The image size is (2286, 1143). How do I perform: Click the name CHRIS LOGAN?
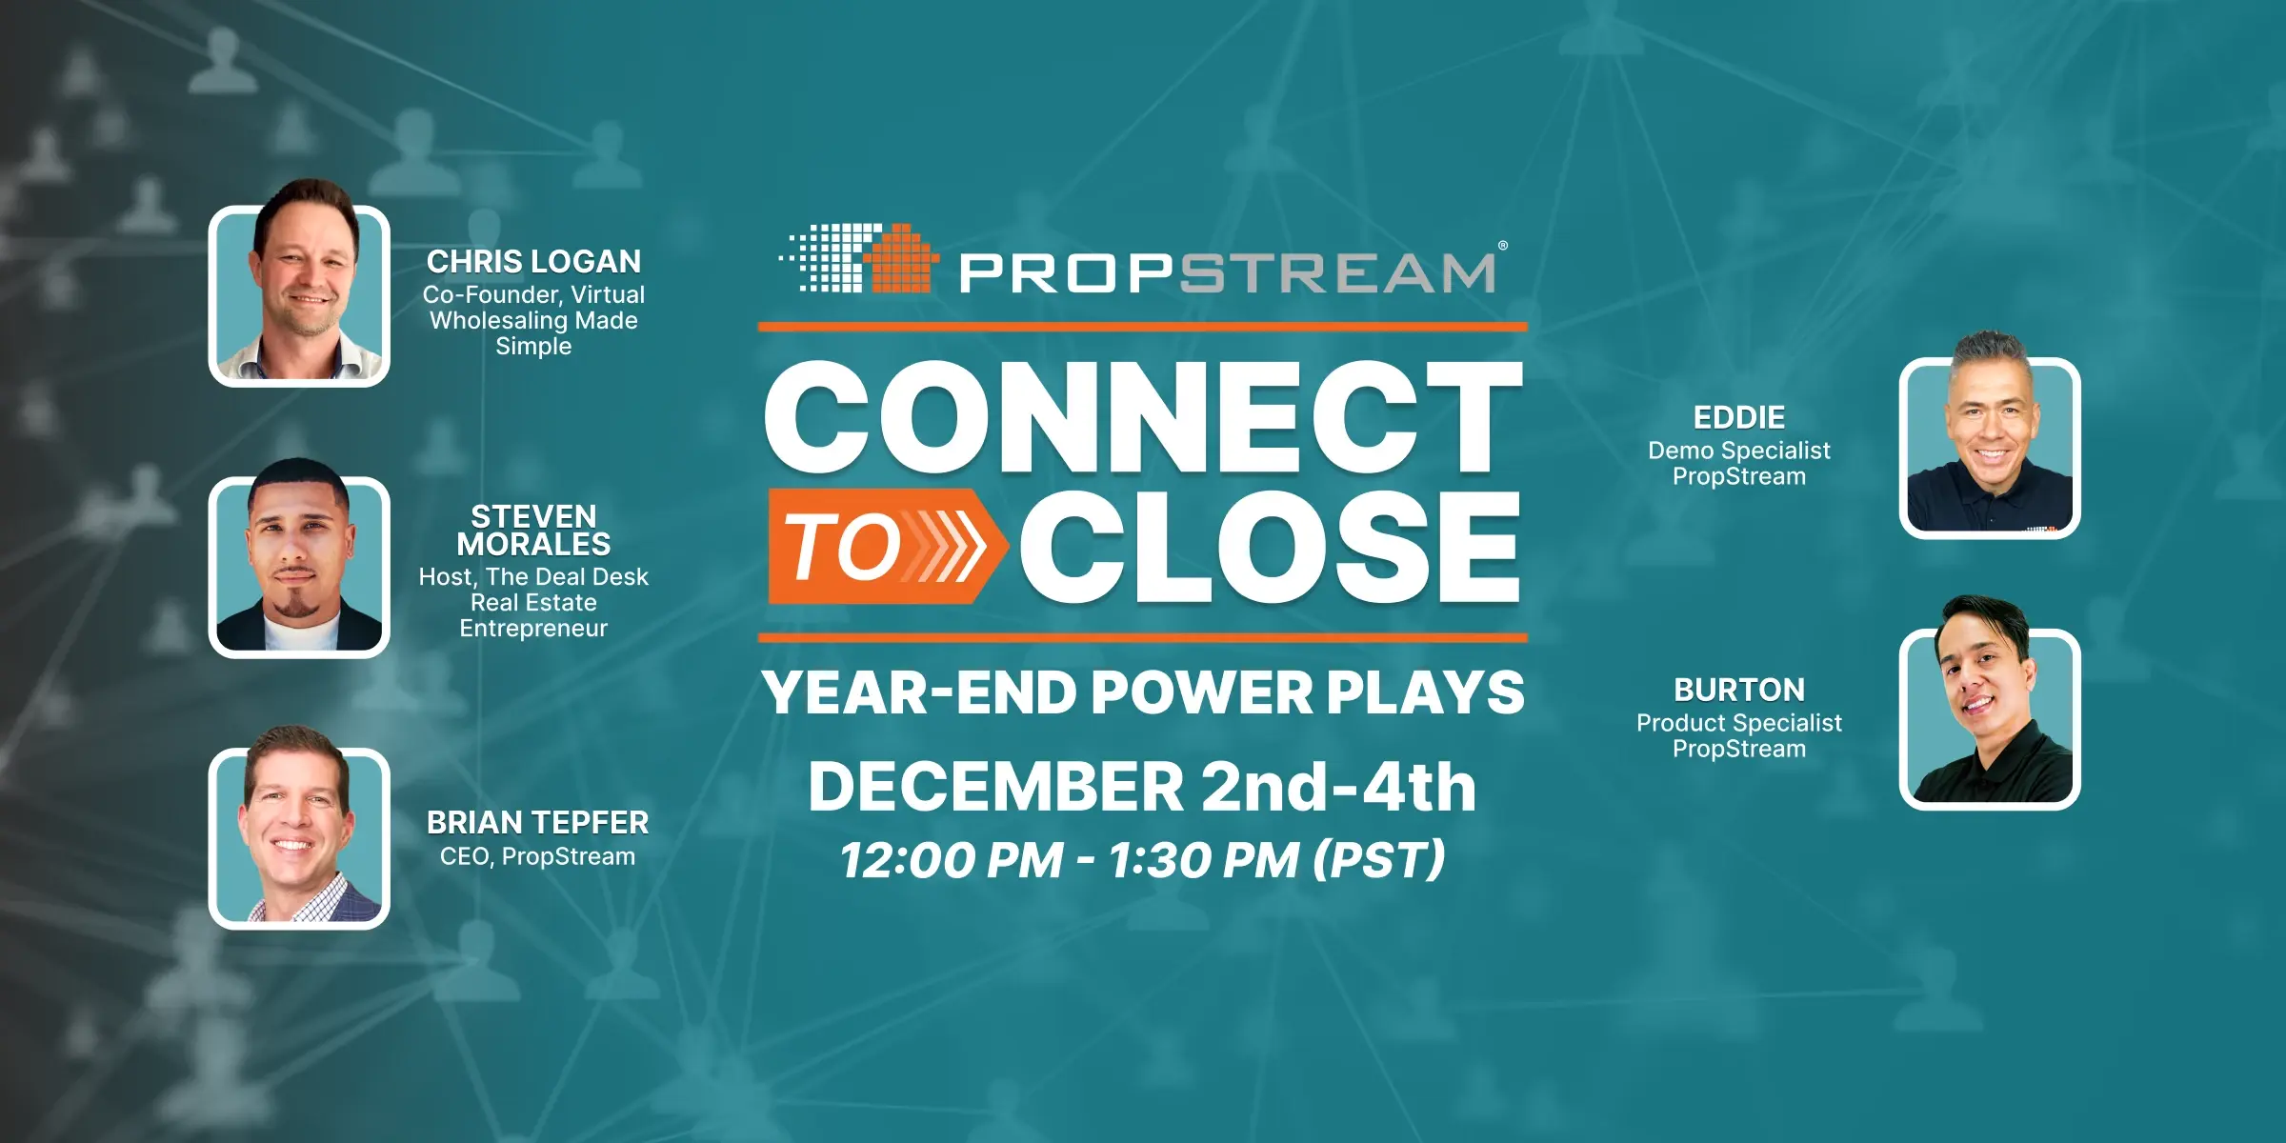533,261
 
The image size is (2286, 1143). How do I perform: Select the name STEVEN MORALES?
533,531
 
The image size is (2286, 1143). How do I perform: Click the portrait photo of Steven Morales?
299,566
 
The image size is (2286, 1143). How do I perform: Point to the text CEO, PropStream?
537,856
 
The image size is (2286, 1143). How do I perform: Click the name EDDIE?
1738,417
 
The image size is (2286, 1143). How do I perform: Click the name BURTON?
1738,690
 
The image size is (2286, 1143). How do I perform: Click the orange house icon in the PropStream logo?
899,259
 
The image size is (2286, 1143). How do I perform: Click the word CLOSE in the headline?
1269,547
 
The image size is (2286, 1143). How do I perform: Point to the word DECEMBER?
995,787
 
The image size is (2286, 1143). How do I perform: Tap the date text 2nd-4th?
1337,787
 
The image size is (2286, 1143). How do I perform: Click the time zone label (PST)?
1378,859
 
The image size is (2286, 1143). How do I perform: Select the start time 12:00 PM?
951,859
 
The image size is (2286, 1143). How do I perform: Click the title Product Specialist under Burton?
1738,723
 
